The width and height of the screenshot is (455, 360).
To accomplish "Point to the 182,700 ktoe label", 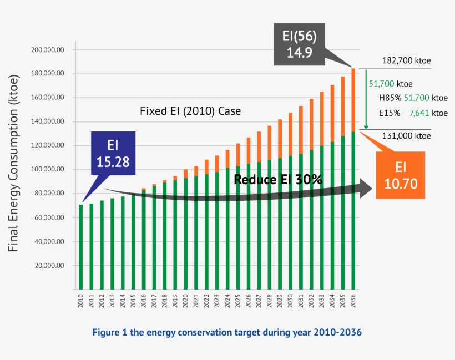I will (x=406, y=61).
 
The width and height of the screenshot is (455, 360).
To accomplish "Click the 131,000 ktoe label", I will (x=406, y=135).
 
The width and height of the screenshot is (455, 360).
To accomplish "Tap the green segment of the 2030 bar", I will (x=290, y=222).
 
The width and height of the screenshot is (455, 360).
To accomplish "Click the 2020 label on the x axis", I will (x=185, y=301).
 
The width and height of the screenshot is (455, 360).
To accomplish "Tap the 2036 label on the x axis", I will (x=353, y=301).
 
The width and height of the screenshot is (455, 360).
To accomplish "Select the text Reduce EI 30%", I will (x=278, y=179).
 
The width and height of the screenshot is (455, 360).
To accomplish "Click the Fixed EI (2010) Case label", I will (x=190, y=111).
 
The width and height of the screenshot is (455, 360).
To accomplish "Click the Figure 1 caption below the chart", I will (x=228, y=332).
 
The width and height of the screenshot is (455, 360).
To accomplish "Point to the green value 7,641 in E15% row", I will (x=419, y=112).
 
